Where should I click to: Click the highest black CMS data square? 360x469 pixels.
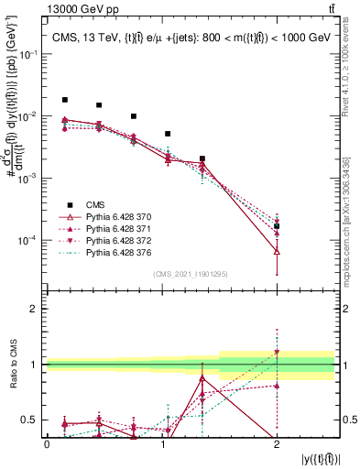64,100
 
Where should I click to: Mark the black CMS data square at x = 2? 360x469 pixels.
277,225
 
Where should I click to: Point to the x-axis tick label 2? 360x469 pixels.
277,443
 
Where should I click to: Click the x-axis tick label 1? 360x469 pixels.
162,443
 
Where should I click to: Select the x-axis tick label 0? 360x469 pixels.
47,443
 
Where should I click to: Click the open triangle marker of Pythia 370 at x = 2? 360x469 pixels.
277,250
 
